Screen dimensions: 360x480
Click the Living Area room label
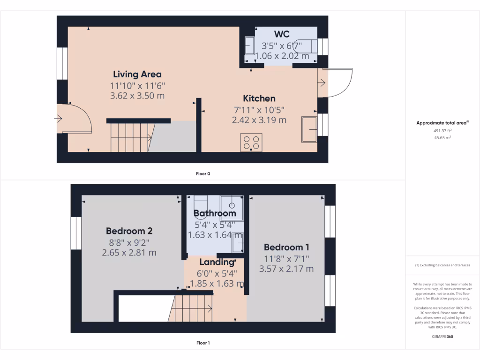(137, 74)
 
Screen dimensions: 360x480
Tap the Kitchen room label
(259, 98)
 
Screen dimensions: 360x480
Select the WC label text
(282, 34)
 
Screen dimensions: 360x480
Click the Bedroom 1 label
(286, 247)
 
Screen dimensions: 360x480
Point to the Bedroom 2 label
(129, 231)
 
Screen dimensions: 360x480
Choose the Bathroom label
(215, 213)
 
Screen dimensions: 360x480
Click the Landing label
(217, 262)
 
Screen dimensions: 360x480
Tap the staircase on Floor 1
(190, 308)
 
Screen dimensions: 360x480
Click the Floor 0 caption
(203, 173)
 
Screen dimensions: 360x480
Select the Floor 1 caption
(203, 343)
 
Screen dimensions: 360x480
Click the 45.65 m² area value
(442, 138)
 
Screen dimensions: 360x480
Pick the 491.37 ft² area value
(442, 131)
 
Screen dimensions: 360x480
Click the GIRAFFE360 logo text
(442, 337)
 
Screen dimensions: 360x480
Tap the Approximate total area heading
(442, 123)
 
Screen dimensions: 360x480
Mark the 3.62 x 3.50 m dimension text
(137, 96)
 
